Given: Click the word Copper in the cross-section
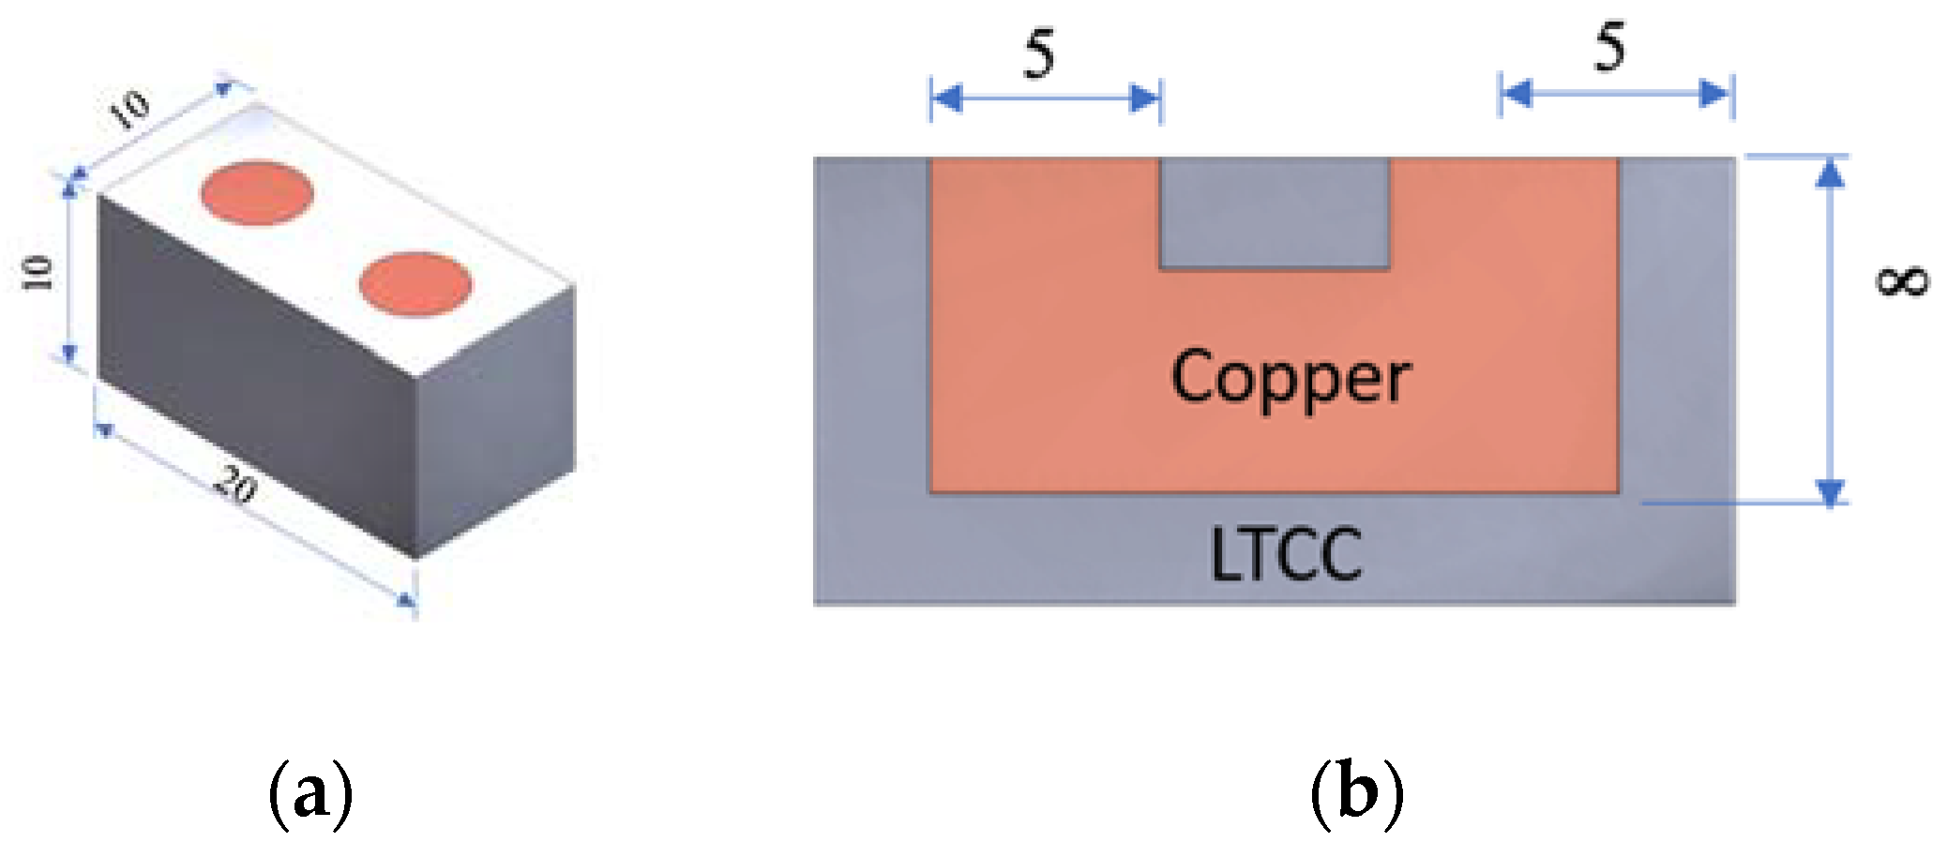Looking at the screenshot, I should [1290, 377].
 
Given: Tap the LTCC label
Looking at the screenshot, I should [1285, 555].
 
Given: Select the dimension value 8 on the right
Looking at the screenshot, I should [1902, 280].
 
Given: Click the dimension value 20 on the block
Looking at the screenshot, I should [234, 485].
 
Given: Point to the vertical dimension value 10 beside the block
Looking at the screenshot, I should [38, 272].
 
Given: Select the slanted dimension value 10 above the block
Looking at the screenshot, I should [128, 109].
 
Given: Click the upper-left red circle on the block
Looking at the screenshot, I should [256, 193].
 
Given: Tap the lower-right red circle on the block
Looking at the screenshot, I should [415, 284].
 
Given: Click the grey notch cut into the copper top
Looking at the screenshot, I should [1274, 213].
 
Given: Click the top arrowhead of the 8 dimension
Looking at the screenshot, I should [1830, 173].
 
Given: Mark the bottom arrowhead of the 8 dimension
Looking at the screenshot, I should [1830, 491].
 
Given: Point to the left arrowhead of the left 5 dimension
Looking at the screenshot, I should [945, 98].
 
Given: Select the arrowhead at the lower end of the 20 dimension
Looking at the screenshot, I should [406, 601].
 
